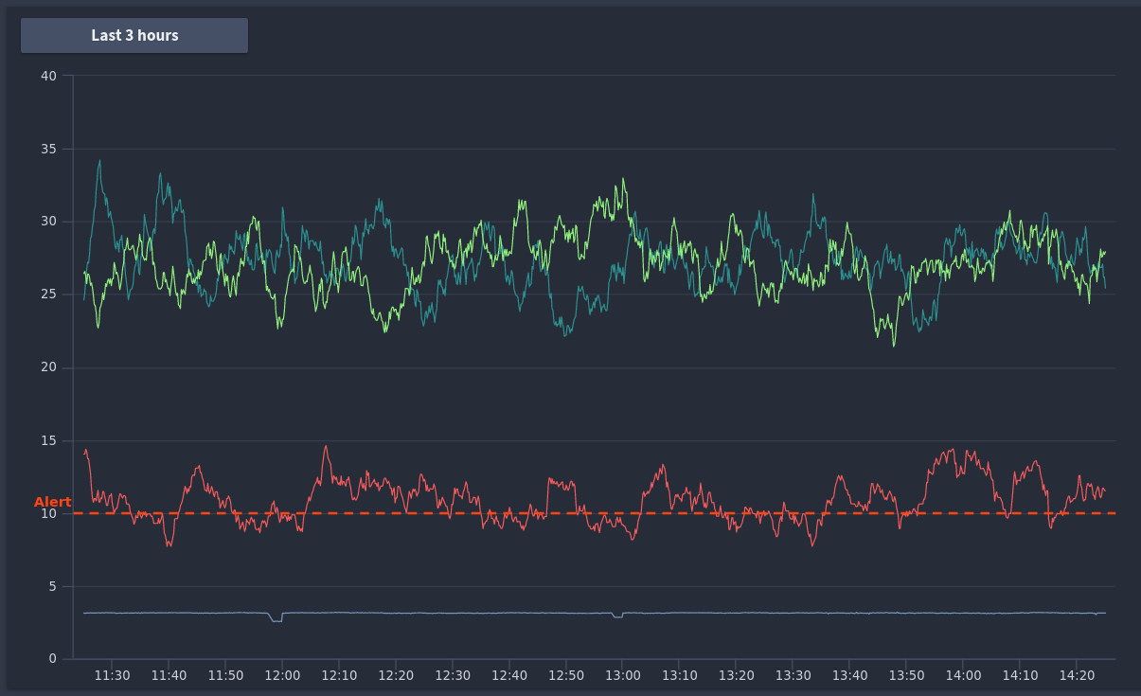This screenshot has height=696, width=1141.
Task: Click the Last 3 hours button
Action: [x=134, y=35]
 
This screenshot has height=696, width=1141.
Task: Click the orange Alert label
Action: [x=52, y=502]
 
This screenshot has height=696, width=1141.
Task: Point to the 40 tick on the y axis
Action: [x=49, y=76]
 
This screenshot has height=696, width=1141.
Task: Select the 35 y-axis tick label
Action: [x=49, y=149]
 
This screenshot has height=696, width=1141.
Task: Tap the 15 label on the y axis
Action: [x=49, y=440]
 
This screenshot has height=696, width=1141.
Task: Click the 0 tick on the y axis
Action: [x=52, y=659]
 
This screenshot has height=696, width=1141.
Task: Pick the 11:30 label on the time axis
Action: [x=112, y=675]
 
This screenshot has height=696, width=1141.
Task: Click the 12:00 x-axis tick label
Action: [x=282, y=675]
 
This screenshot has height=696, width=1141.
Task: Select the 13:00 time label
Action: [x=622, y=675]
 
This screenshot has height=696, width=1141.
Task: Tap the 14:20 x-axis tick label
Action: [x=1077, y=675]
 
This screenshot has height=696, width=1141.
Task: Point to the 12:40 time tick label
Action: [x=508, y=675]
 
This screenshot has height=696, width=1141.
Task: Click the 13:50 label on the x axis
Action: [x=906, y=675]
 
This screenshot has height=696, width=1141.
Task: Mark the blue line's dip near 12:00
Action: [x=276, y=621]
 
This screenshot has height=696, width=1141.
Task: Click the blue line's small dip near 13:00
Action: [x=618, y=617]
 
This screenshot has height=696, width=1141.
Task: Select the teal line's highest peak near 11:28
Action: [x=99, y=161]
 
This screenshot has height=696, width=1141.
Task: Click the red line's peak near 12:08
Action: [x=326, y=447]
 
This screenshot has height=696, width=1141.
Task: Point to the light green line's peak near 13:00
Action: [x=623, y=179]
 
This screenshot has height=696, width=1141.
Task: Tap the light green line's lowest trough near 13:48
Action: [x=894, y=346]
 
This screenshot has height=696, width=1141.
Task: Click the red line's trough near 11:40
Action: [x=169, y=545]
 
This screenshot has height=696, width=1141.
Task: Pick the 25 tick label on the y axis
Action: [x=49, y=294]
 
